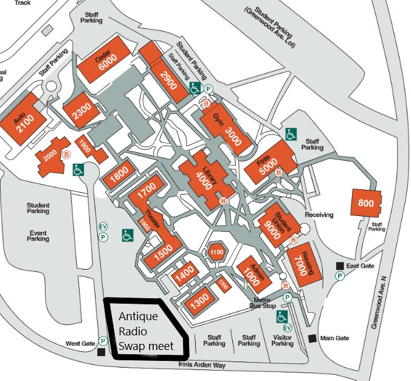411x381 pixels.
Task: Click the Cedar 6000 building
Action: tap(107, 61)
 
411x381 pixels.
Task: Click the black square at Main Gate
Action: tap(312, 338)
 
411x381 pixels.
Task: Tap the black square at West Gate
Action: tap(101, 352)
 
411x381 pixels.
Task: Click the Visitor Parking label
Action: tap(283, 340)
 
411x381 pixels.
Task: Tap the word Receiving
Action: tap(320, 215)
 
